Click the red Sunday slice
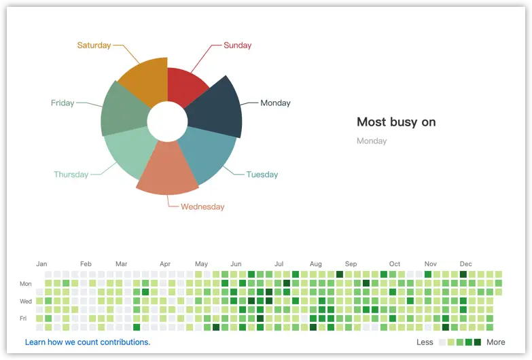tap(185, 86)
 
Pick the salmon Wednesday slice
tap(166, 166)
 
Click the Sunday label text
tap(237, 46)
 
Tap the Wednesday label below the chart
tap(202, 206)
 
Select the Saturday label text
tap(94, 46)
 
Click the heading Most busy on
tap(396, 122)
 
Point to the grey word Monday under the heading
tap(372, 141)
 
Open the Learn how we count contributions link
tap(88, 342)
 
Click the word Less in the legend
tap(425, 342)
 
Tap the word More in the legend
tap(496, 342)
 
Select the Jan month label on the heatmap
tap(41, 264)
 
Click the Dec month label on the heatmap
tap(465, 264)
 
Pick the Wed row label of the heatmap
tap(26, 301)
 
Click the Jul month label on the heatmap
tap(279, 264)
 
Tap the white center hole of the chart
tap(167, 122)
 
